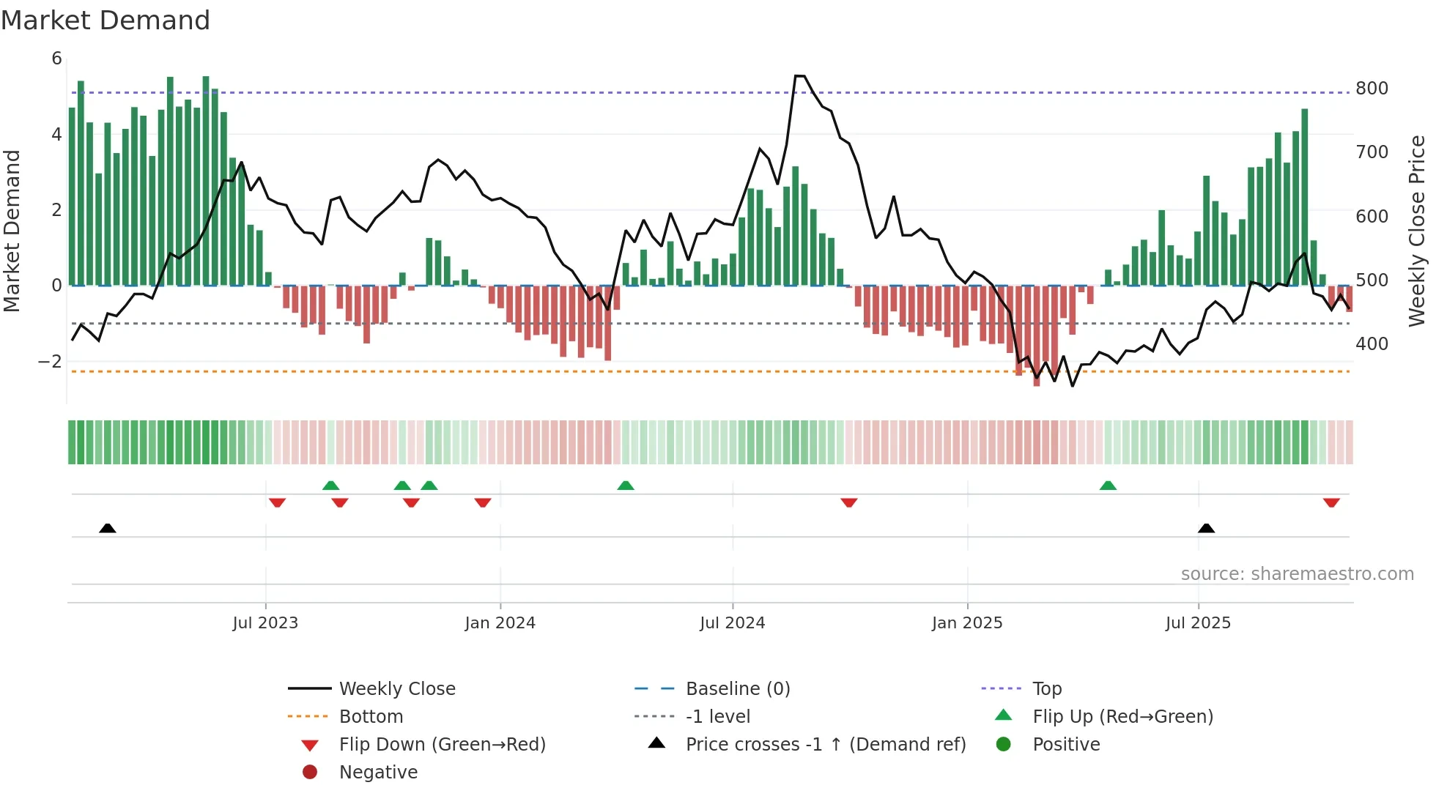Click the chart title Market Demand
[106, 21]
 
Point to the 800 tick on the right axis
[1372, 89]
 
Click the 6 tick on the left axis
[56, 59]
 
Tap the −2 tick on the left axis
[50, 362]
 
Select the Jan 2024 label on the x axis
[500, 623]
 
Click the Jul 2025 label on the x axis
[1198, 623]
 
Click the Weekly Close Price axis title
[1416, 231]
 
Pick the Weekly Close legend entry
[396, 689]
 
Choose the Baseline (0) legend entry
[737, 689]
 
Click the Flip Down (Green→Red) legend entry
[442, 745]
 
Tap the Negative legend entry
[378, 773]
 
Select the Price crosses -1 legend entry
[825, 745]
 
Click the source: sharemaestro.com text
[1297, 574]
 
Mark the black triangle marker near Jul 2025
[1206, 528]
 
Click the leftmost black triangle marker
[108, 528]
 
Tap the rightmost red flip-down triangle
[1331, 502]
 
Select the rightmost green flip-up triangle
[1108, 486]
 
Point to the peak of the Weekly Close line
[799, 75]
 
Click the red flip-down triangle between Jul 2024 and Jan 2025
[848, 502]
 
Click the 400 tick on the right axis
[1372, 344]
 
